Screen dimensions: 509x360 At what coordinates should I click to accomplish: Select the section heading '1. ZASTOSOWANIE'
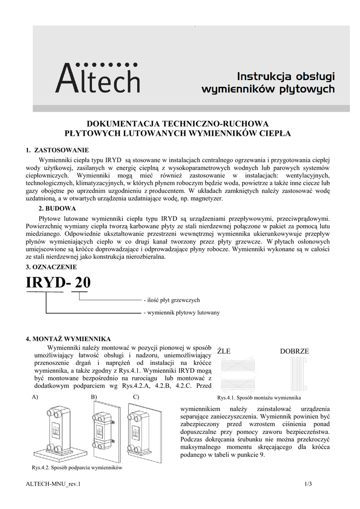click(x=57, y=150)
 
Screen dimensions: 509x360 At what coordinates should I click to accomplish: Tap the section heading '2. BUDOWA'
click(x=57, y=208)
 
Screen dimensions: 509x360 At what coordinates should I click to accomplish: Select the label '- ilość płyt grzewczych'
click(x=172, y=300)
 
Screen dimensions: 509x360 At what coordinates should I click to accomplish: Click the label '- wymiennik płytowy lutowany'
click(x=181, y=313)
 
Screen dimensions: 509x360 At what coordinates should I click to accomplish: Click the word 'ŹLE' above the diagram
click(x=224, y=351)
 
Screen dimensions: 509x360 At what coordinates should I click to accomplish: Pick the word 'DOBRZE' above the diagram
click(x=294, y=351)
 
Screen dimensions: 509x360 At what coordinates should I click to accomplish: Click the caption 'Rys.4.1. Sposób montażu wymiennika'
click(x=259, y=398)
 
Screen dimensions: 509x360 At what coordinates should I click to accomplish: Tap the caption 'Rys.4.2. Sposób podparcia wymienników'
click(x=77, y=468)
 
